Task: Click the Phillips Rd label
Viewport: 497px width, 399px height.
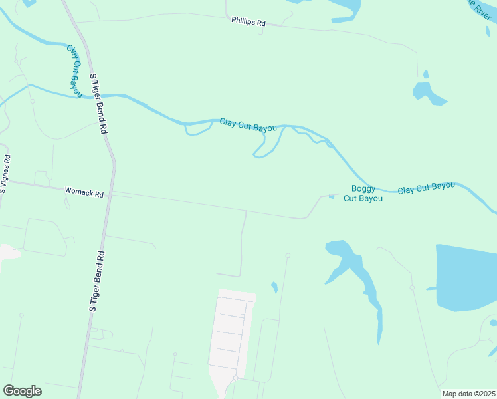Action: click(248, 22)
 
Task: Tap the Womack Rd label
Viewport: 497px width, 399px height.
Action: click(84, 193)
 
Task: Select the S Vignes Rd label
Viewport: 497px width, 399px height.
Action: click(5, 174)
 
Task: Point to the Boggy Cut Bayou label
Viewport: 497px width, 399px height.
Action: click(363, 194)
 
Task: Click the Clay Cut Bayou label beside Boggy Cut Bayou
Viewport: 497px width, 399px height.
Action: click(426, 188)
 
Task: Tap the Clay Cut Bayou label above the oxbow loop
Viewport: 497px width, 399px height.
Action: click(248, 124)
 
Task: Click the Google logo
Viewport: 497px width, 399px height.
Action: click(22, 391)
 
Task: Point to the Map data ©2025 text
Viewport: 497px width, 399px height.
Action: click(468, 394)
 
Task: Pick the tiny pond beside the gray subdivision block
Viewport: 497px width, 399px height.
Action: click(274, 287)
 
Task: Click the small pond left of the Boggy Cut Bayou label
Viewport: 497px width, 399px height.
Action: click(331, 196)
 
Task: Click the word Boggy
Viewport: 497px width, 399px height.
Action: click(363, 189)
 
